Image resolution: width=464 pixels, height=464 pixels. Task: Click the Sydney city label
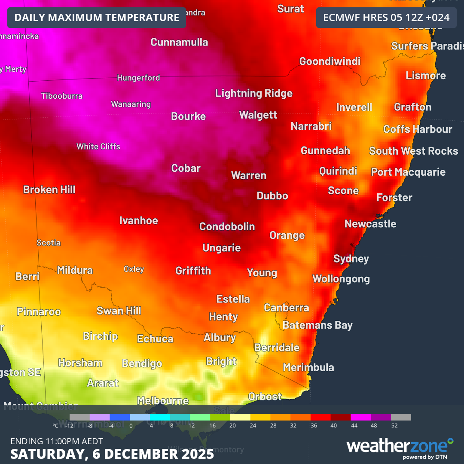click(x=351, y=259)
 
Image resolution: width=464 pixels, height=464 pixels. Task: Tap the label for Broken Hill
click(x=49, y=189)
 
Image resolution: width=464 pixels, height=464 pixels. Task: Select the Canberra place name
click(x=286, y=308)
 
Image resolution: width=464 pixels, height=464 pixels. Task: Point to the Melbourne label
click(x=163, y=400)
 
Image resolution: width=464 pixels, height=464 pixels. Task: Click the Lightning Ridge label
click(x=253, y=93)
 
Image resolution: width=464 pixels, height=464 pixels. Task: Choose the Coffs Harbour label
click(x=418, y=129)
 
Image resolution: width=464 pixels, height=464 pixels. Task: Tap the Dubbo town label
click(x=272, y=195)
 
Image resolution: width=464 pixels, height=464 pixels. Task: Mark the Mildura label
click(x=75, y=270)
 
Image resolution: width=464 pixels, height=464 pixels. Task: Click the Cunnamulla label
click(x=179, y=42)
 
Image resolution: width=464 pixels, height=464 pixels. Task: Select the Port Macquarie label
click(x=408, y=172)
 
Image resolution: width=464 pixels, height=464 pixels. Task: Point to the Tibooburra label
click(x=62, y=96)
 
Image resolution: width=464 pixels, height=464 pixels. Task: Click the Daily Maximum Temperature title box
click(x=97, y=18)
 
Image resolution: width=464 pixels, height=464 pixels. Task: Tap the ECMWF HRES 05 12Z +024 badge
click(x=386, y=18)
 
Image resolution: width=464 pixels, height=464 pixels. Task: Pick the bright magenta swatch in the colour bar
click(x=360, y=417)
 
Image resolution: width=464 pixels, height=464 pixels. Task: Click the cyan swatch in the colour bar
click(x=160, y=417)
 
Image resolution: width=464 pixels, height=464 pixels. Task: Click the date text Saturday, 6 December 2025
click(x=112, y=454)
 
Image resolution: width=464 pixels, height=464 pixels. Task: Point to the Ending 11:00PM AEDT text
click(x=57, y=441)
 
